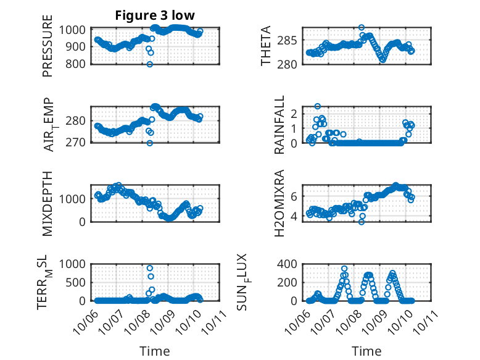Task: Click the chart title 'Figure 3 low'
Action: point(155,16)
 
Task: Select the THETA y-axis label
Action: point(267,46)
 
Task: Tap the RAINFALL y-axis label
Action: point(279,124)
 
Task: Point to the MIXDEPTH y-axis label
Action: point(48,203)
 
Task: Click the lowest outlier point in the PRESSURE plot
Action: point(149,64)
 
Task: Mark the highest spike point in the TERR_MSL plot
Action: point(150,268)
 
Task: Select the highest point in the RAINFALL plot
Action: point(318,106)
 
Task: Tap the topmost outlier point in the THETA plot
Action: point(362,28)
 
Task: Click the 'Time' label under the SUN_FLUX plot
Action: point(366,351)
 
